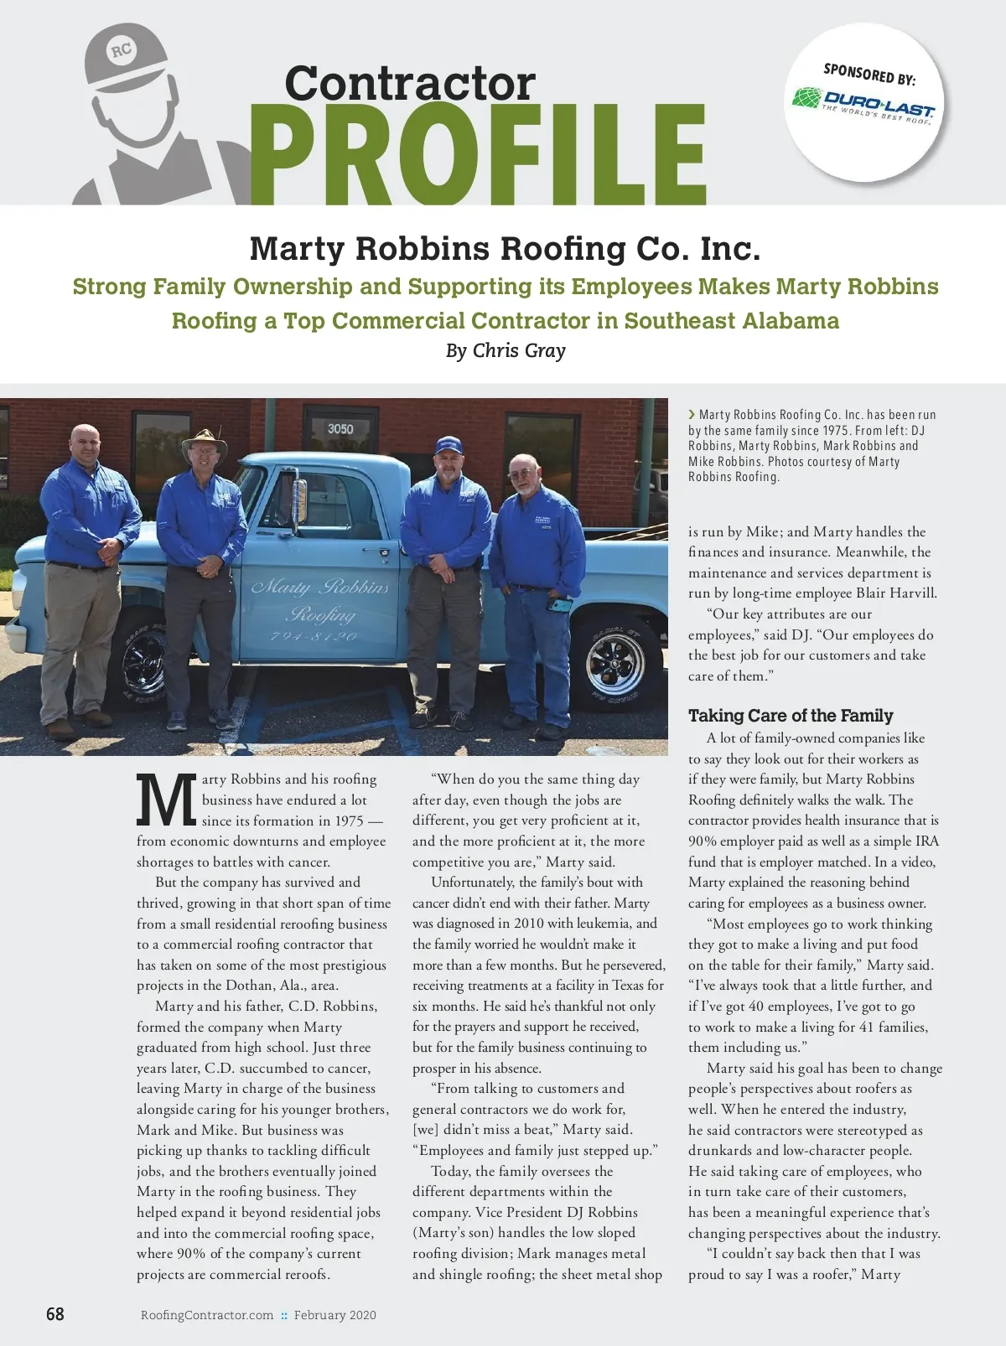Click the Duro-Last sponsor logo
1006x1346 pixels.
pos(863,103)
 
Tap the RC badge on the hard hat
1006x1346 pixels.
pos(122,51)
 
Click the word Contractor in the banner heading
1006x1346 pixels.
pos(409,83)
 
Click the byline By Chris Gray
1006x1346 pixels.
pos(506,350)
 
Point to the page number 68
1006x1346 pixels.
pos(54,1314)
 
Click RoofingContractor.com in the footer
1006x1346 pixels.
pos(207,1315)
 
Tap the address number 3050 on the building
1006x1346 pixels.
pos(340,428)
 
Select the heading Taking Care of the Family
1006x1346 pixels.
pos(791,716)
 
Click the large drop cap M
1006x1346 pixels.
pos(166,800)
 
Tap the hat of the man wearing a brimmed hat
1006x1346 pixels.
pos(204,441)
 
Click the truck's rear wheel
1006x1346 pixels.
pos(616,663)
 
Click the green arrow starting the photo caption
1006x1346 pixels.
pos(692,414)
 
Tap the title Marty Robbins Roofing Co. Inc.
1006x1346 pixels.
pos(505,249)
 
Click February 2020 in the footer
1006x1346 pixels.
pos(334,1315)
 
